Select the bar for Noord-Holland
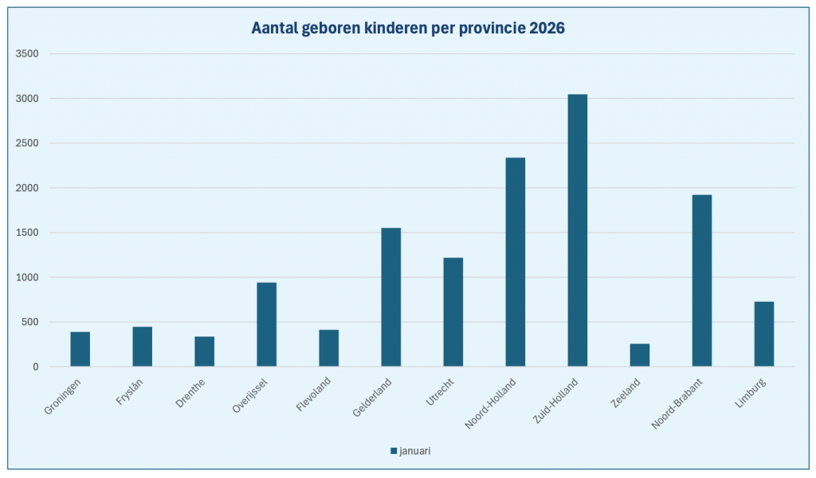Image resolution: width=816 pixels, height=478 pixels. (516, 262)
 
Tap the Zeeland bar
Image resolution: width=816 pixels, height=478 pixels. (640, 355)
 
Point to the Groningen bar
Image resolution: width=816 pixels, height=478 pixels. (80, 349)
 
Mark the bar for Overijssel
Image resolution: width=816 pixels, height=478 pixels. (267, 324)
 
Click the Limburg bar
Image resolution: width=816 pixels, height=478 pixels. (764, 334)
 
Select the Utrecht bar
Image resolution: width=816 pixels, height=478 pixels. (453, 311)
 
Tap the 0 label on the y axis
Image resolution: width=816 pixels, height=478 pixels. (36, 367)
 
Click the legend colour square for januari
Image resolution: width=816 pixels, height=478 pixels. (394, 451)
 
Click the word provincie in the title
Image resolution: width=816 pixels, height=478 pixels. (484, 29)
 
